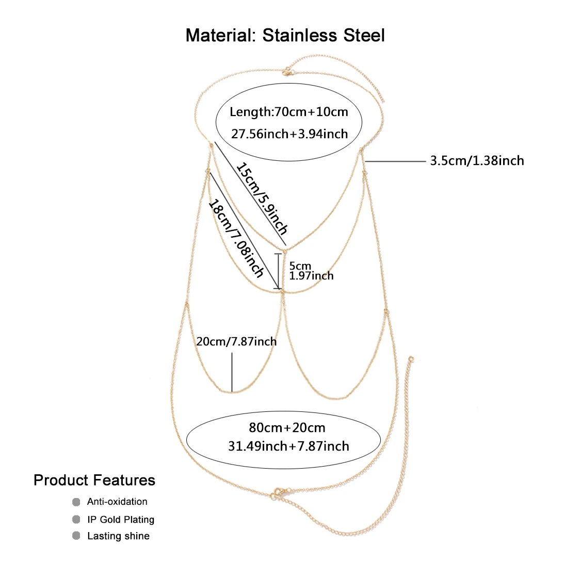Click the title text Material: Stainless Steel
pyautogui.click(x=285, y=36)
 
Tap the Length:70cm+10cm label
pyautogui.click(x=289, y=112)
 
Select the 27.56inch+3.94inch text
pyautogui.click(x=289, y=134)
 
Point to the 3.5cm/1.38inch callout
pyautogui.click(x=477, y=161)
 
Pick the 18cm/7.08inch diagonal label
pyautogui.click(x=236, y=238)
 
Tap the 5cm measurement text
pyautogui.click(x=300, y=266)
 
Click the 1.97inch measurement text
pyautogui.click(x=311, y=276)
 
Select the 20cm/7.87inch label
pyautogui.click(x=236, y=341)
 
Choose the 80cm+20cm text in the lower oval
pyautogui.click(x=287, y=427)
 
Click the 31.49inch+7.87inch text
pyautogui.click(x=288, y=446)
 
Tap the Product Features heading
pyautogui.click(x=94, y=480)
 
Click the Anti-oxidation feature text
pyautogui.click(x=117, y=502)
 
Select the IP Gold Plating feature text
pyautogui.click(x=121, y=519)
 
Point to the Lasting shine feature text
pyautogui.click(x=118, y=536)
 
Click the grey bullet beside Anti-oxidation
pyautogui.click(x=76, y=502)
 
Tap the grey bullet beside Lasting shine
pyautogui.click(x=76, y=536)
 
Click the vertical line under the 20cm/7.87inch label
pyautogui.click(x=232, y=372)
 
